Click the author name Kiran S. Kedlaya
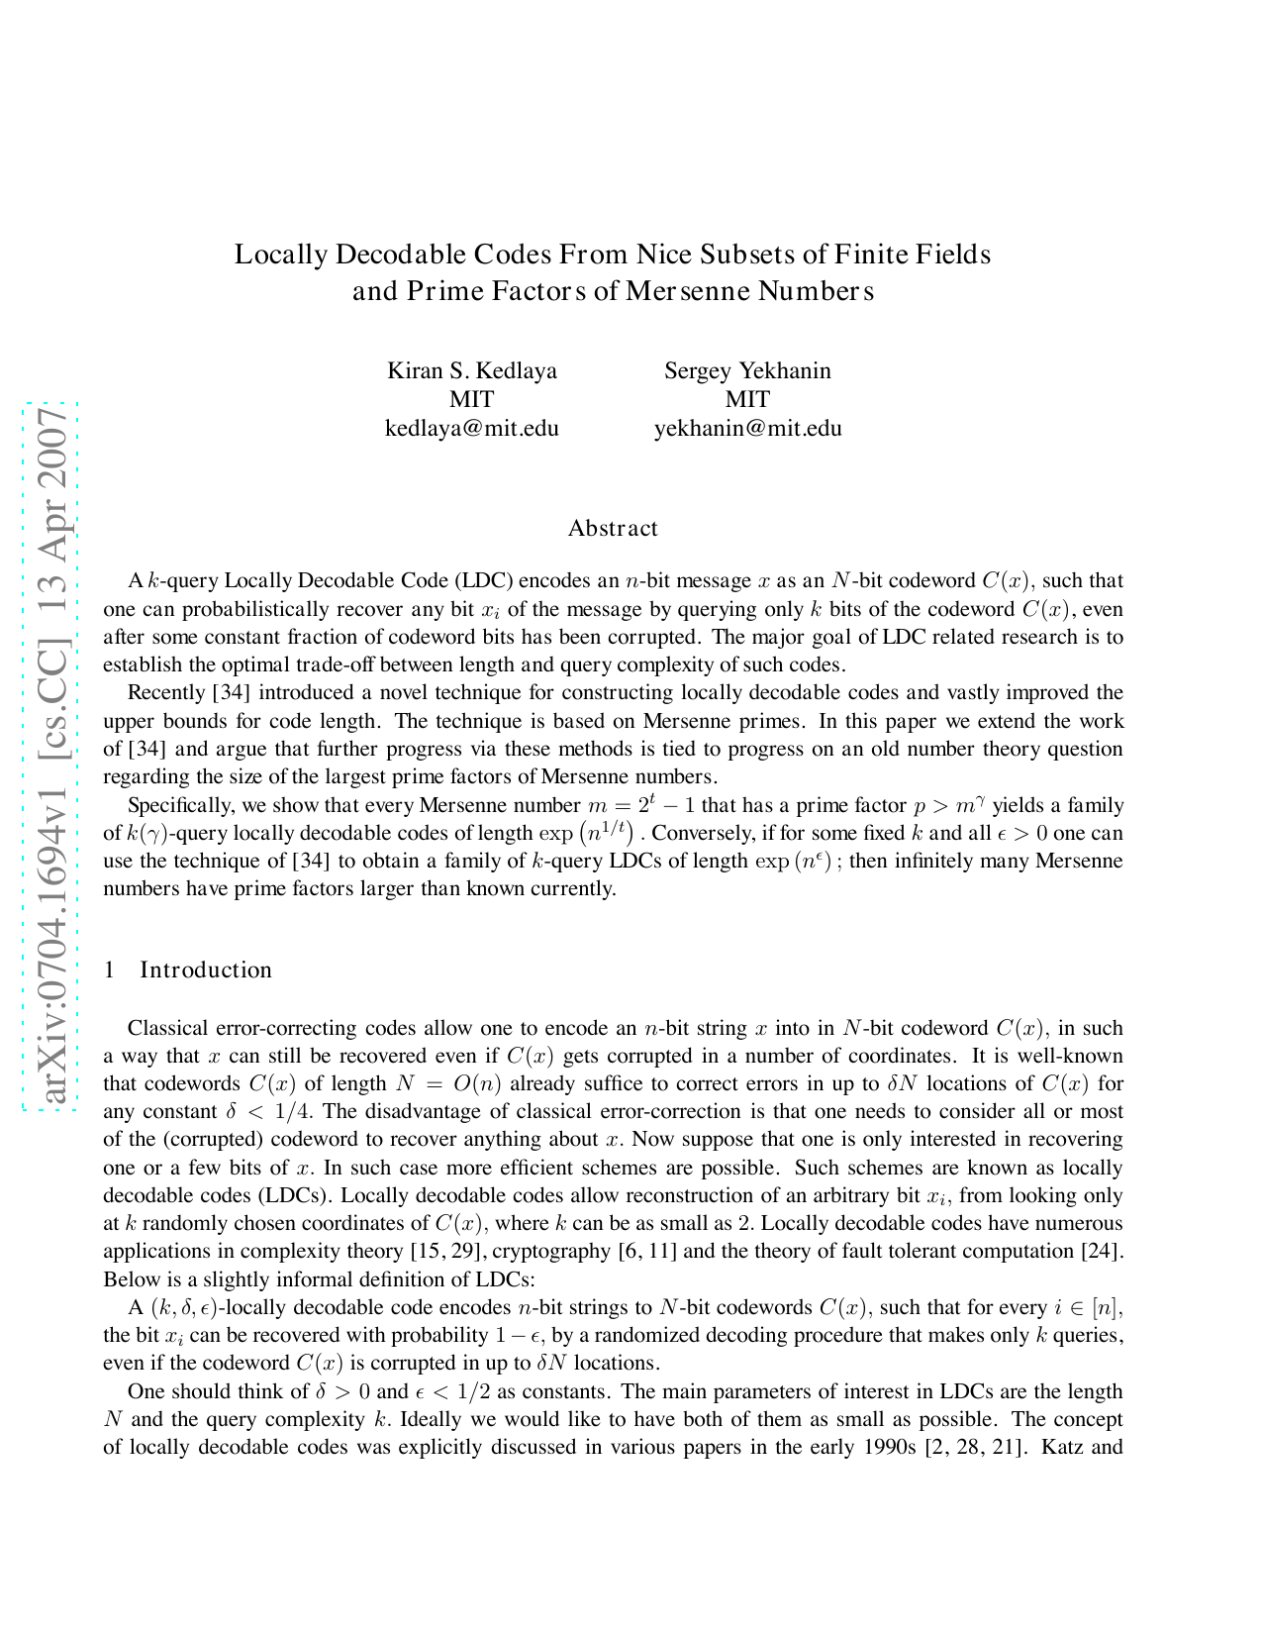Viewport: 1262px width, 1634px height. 471,371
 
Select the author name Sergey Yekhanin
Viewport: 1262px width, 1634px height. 747,371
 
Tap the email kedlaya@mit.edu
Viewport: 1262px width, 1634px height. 471,429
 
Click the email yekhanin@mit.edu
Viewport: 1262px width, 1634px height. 747,429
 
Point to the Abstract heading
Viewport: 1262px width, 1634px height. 613,529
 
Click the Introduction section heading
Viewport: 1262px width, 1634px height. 205,970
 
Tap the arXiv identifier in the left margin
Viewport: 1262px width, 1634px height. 51,758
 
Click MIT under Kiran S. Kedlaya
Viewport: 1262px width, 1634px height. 471,400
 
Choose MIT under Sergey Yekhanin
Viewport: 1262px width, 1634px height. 747,400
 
